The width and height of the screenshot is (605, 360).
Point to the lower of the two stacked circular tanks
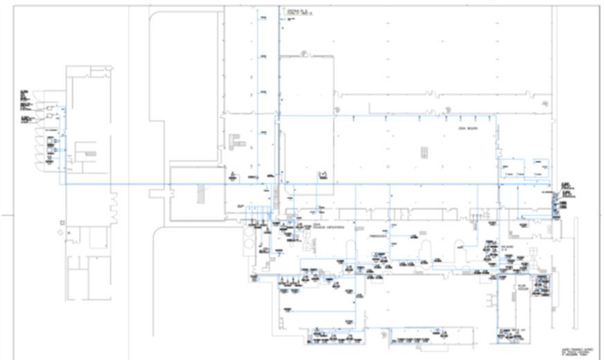(248, 247)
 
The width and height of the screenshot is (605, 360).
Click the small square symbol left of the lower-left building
(62, 222)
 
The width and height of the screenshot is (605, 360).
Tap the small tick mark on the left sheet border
(6, 216)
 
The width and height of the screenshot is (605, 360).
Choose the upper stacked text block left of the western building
(26, 100)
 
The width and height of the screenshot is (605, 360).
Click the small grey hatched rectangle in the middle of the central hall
(422, 151)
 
